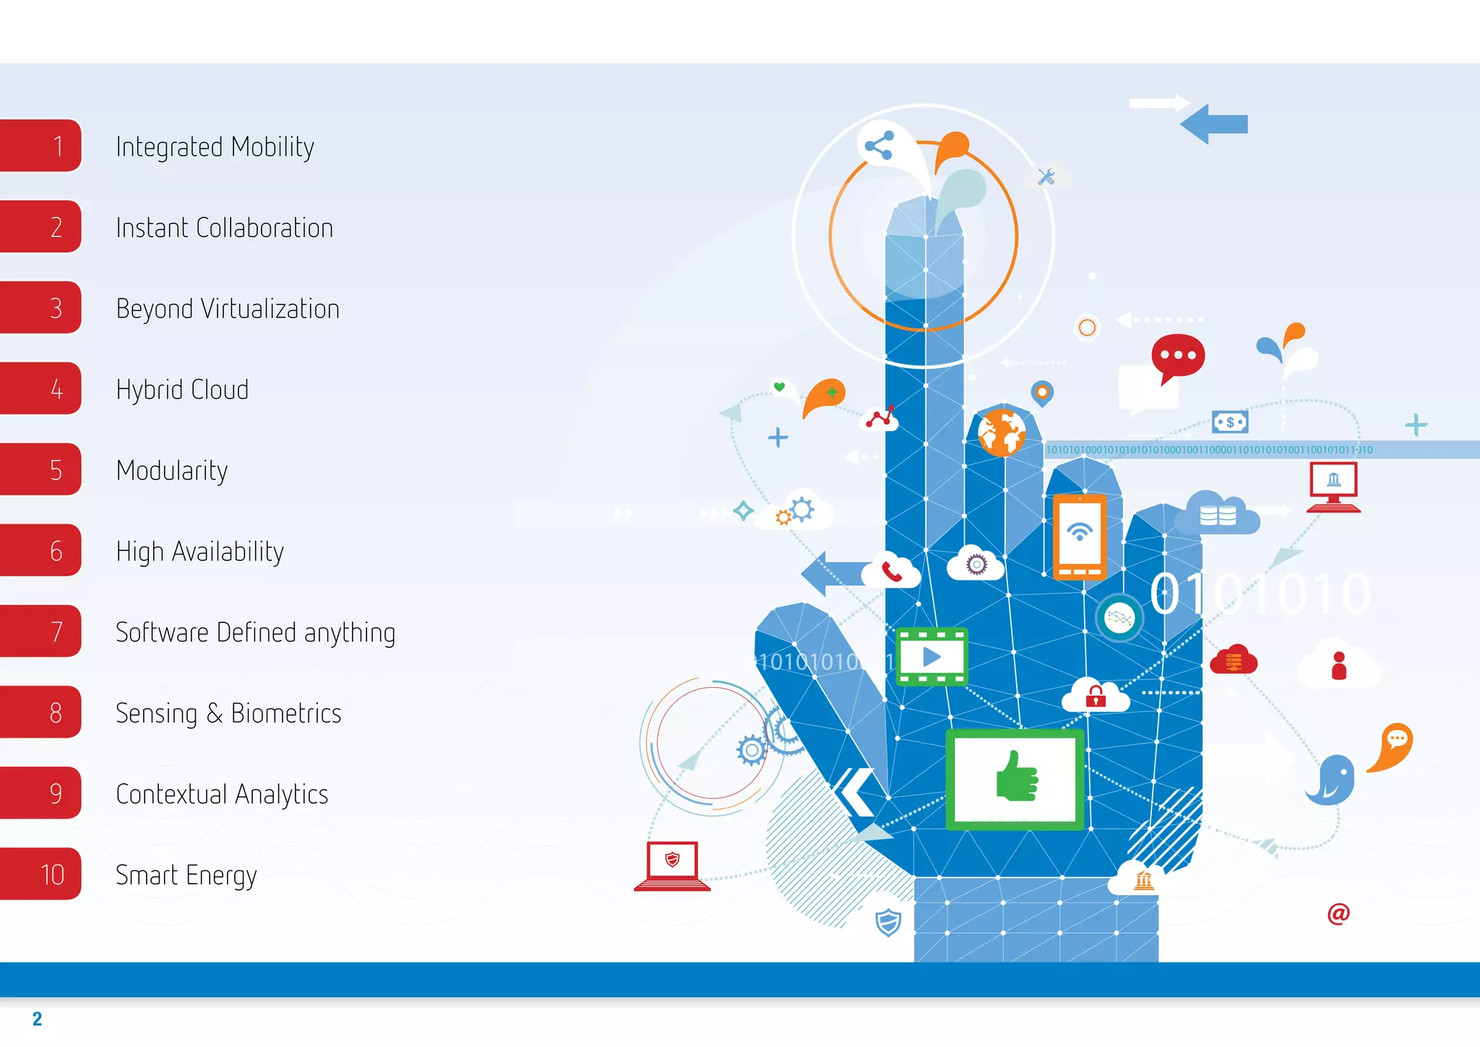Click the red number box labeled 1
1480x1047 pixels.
42,146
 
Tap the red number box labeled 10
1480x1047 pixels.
42,874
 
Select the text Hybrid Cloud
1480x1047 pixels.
182,390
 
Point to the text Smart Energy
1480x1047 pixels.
186,875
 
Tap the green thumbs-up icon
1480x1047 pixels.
1015,777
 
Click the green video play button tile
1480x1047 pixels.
932,657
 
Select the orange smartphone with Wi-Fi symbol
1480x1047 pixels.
1080,537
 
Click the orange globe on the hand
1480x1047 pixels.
1002,432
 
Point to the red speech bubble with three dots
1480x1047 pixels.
1178,356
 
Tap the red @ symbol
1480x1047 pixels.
1338,914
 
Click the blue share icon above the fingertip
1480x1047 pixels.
879,145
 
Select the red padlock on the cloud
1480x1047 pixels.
1096,696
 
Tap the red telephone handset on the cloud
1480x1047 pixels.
892,572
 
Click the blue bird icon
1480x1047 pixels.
1331,779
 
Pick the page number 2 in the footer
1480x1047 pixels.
38,1019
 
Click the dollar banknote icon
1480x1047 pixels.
1230,422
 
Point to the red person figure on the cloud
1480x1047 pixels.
1339,665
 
